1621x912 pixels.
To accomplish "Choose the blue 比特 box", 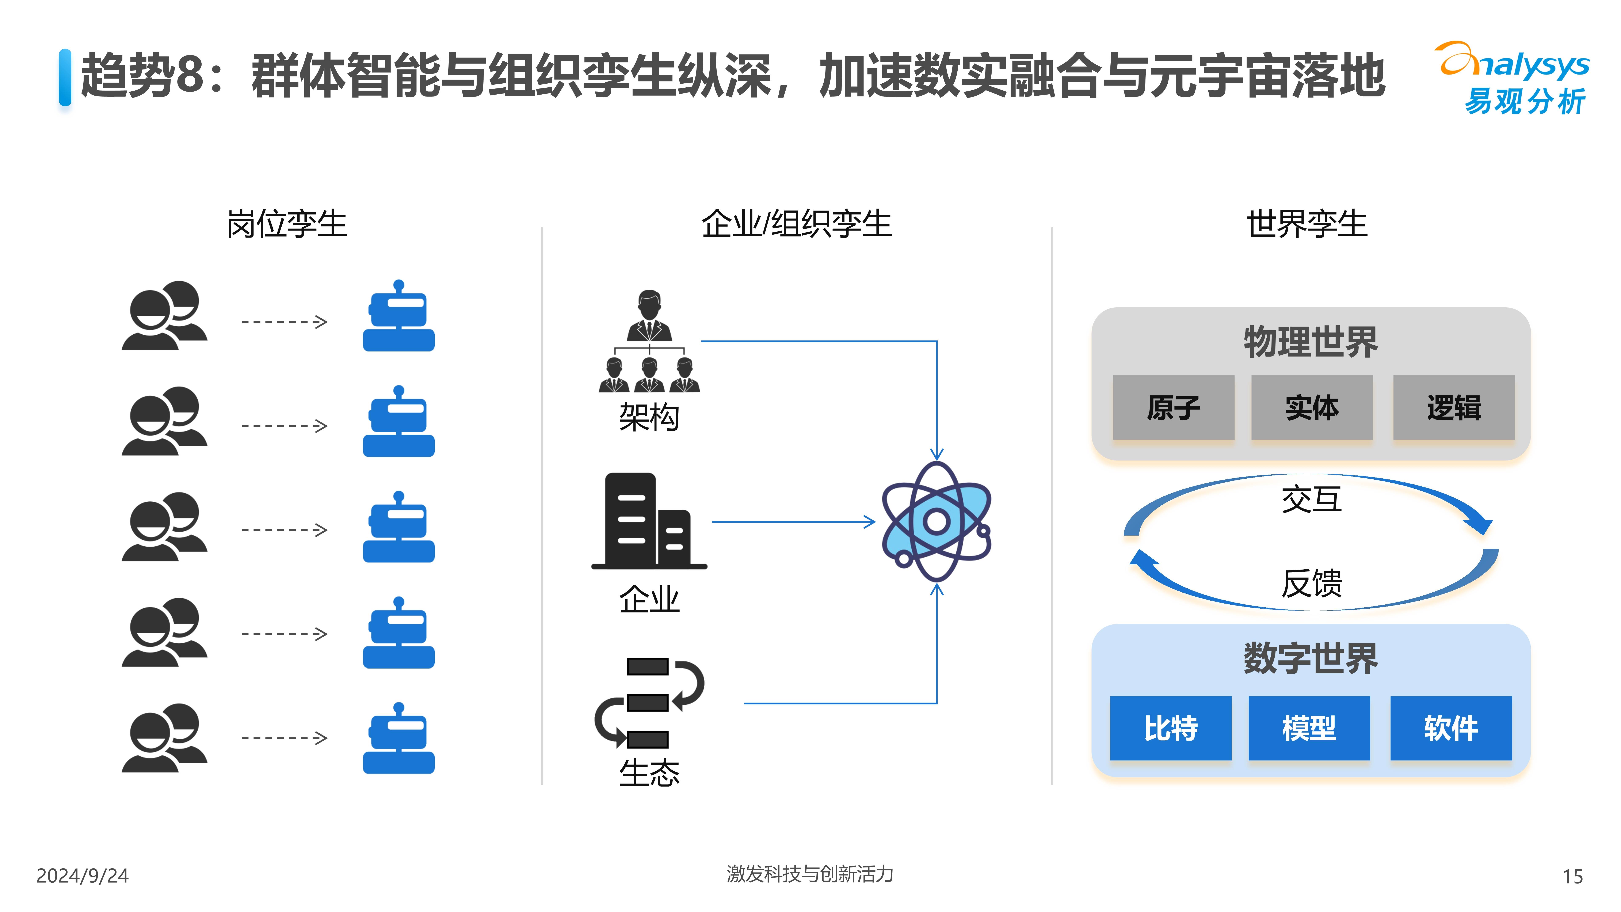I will point(1170,728).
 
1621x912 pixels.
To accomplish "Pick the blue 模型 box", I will point(1309,728).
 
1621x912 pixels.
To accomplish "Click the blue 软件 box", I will point(1450,728).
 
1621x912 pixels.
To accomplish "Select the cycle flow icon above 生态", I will point(649,702).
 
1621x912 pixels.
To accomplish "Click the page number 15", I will point(1572,876).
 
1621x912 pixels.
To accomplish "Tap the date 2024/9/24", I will point(83,875).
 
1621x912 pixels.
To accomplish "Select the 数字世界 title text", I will point(1311,658).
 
